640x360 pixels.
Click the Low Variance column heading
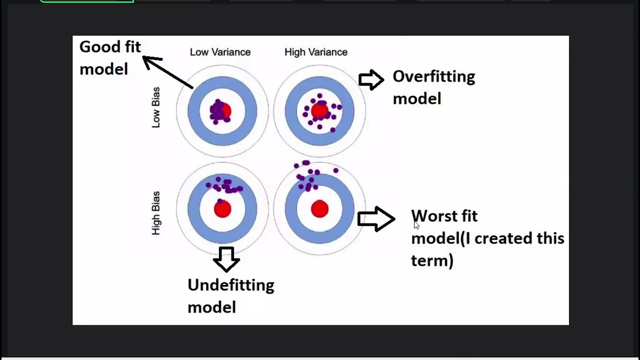point(220,52)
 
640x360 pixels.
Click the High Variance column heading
point(315,52)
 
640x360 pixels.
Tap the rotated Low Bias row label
point(156,107)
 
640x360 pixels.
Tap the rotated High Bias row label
point(156,213)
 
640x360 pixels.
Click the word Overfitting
point(433,76)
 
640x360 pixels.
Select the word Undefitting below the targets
point(230,285)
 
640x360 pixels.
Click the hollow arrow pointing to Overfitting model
point(371,79)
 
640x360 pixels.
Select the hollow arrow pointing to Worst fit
point(376,219)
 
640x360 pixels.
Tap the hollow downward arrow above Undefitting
point(226,259)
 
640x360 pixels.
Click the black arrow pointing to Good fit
point(167,72)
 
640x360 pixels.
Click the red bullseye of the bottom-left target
point(222,209)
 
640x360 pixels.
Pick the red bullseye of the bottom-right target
point(319,209)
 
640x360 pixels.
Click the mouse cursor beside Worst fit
point(416,225)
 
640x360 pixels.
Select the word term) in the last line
point(432,260)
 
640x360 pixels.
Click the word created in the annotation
point(501,238)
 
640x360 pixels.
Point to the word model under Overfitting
point(416,98)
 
